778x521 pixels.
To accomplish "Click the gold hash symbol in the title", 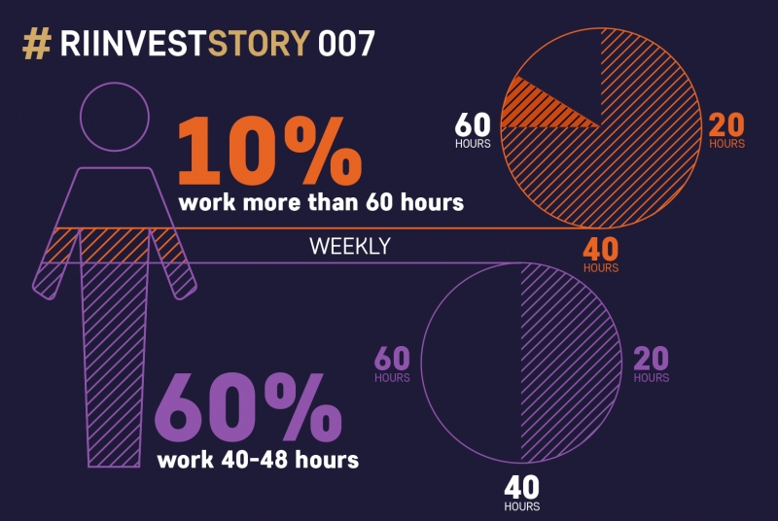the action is point(37,44).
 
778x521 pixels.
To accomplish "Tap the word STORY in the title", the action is point(259,43).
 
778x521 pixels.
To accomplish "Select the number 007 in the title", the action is point(346,43).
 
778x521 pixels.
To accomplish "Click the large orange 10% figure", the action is point(269,151).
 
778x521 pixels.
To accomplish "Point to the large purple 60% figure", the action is point(248,407).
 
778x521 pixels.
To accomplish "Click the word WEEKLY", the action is point(350,246).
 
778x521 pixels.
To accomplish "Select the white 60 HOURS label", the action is point(473,130).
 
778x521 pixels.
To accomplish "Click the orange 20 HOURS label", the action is point(726,130).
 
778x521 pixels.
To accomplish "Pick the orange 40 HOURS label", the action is point(601,256).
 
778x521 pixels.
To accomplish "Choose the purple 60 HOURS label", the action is point(392,365).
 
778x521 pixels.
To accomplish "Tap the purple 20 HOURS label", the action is point(651,365).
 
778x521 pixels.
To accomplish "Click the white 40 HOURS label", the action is point(522,493).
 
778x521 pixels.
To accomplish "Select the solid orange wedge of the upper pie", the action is point(536,108).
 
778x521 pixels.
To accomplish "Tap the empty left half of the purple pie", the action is point(472,363).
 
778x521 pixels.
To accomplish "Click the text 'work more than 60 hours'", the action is point(321,202).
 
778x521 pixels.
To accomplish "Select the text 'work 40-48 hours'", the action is point(258,460).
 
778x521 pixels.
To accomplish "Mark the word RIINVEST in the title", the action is point(132,43).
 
